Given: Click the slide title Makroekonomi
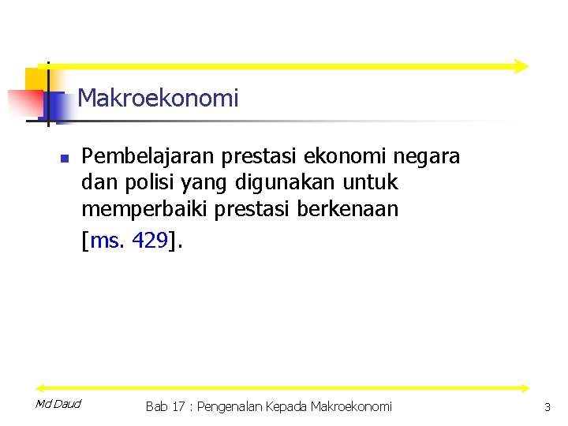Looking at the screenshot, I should (x=158, y=99).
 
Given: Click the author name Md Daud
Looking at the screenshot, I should (x=58, y=405).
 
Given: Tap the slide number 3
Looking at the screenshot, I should (x=547, y=407).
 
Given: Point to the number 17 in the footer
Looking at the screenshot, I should (x=178, y=407).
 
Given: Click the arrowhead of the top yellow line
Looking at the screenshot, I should (x=520, y=66).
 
